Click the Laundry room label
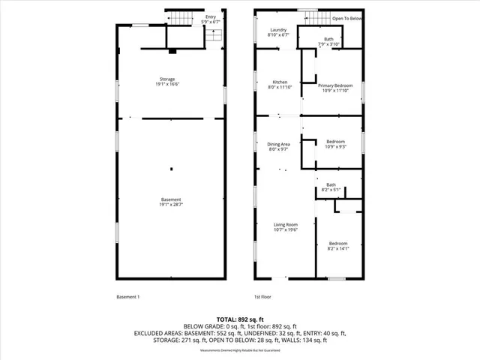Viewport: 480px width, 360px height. [x=279, y=31]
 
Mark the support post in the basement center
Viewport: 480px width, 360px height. [x=171, y=168]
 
